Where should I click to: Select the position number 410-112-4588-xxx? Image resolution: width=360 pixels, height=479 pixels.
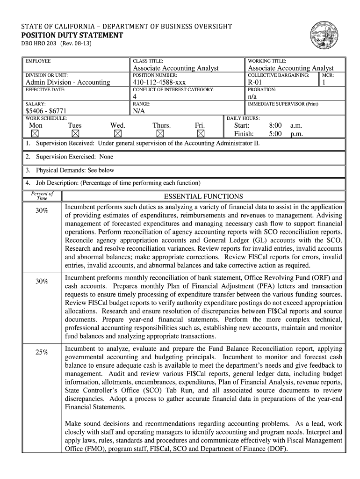159,82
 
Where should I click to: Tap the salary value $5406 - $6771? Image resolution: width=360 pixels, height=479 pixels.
47,111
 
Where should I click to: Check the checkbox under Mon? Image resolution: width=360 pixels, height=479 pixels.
36,133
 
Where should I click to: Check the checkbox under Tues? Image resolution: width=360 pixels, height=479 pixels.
74,133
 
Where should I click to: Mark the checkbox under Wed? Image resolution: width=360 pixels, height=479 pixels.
117,133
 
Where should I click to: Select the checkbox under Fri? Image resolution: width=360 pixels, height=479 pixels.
200,133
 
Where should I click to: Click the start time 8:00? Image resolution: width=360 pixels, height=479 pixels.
275,125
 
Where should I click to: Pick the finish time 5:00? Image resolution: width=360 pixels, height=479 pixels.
275,133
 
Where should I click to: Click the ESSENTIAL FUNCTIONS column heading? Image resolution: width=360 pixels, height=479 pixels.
203,196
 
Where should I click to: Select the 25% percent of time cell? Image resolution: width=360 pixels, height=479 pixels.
42,352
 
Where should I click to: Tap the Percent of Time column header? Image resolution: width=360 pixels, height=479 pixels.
42,196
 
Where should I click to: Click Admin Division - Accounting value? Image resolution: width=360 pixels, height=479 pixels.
67,82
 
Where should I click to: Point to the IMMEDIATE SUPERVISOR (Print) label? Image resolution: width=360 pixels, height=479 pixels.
283,103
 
